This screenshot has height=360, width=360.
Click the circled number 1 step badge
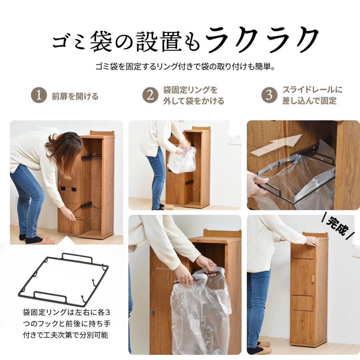[39, 96]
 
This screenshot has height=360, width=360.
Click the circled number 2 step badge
[150, 96]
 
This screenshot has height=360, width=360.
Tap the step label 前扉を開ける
[75, 96]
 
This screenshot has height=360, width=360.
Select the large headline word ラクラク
[262, 40]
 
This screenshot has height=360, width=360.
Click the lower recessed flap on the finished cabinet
[303, 303]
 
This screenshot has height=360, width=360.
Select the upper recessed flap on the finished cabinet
[303, 251]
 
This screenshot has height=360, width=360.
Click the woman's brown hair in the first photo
[66, 148]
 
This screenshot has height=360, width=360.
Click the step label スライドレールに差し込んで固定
[312, 95]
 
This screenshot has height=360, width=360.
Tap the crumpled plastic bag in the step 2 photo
[182, 160]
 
